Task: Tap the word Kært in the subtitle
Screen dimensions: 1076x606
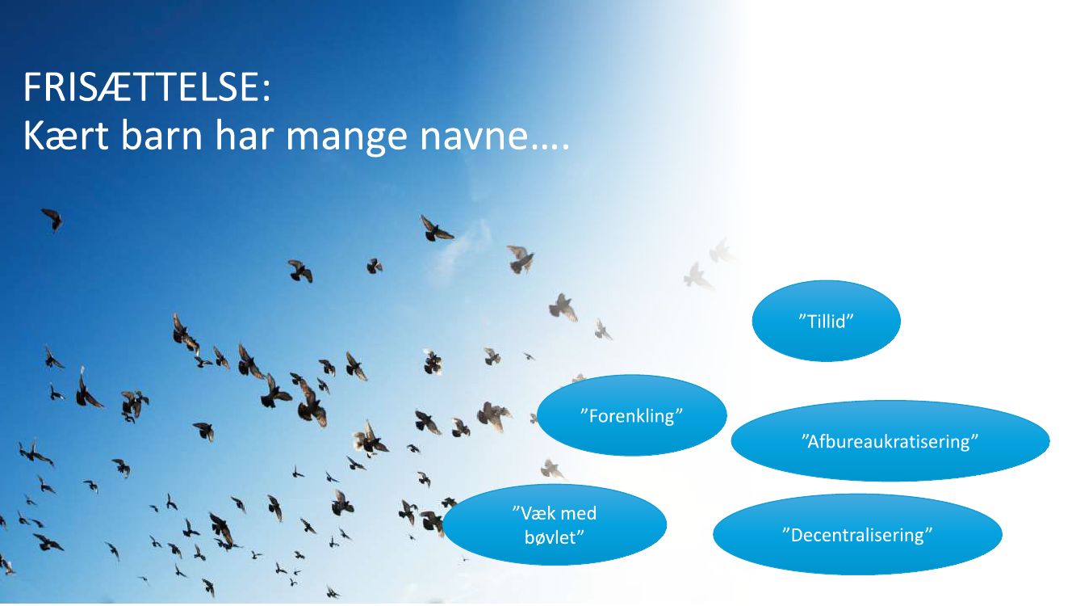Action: point(66,136)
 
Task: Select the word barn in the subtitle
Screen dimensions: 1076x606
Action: point(161,136)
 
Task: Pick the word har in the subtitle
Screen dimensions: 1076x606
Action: point(244,136)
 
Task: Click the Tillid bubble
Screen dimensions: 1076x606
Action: point(827,321)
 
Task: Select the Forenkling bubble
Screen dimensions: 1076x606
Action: point(632,415)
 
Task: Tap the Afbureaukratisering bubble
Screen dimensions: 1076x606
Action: point(890,440)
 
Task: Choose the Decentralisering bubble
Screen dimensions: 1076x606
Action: point(857,534)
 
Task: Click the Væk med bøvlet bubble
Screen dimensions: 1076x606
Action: point(555,524)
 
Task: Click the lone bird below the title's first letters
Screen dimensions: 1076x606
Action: point(52,219)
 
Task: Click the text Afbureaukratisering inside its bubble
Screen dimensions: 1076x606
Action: point(890,441)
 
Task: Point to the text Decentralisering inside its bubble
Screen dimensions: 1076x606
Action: point(857,535)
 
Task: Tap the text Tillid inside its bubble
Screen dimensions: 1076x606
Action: point(827,321)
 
